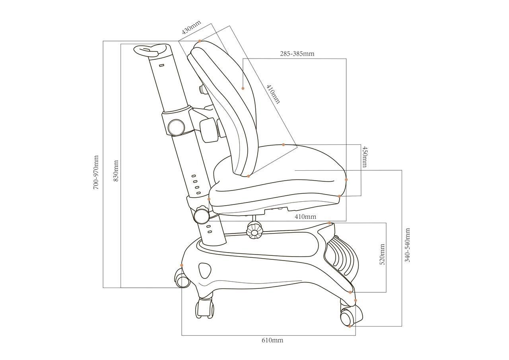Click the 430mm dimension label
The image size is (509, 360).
(191, 27)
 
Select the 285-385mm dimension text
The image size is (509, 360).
(297, 54)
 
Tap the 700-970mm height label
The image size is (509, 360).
(96, 172)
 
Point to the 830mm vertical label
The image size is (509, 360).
(116, 171)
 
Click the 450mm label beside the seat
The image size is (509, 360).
(365, 157)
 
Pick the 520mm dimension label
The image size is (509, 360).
(382, 254)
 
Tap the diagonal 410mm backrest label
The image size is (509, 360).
(273, 94)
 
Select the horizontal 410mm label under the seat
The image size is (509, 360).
(305, 216)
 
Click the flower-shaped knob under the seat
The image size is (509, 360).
(254, 231)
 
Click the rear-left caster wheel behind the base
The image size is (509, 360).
(182, 278)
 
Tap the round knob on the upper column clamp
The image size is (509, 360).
(176, 127)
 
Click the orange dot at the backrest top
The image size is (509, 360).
(200, 41)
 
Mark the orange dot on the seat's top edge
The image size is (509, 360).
(284, 144)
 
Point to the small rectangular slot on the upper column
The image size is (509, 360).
(161, 66)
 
